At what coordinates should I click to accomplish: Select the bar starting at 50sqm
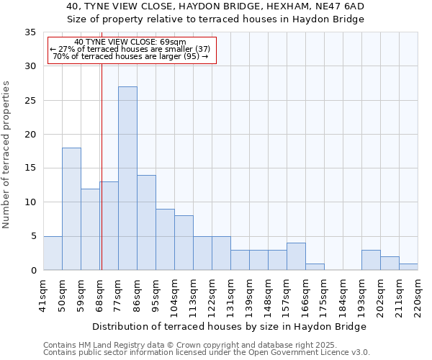coord(71,209)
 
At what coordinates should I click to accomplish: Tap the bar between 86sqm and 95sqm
coord(146,222)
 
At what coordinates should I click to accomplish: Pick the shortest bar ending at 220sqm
coord(408,266)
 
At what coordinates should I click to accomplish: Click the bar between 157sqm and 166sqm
coord(296,256)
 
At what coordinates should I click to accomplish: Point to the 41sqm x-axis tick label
coord(43,294)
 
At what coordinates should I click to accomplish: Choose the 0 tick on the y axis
coord(33,271)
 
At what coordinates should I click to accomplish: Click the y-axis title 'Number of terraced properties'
coord(7,154)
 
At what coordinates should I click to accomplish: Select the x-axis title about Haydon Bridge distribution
coord(229,326)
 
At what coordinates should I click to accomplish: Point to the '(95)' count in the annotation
coord(191,56)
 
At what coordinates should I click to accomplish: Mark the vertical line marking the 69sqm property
coord(102,180)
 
